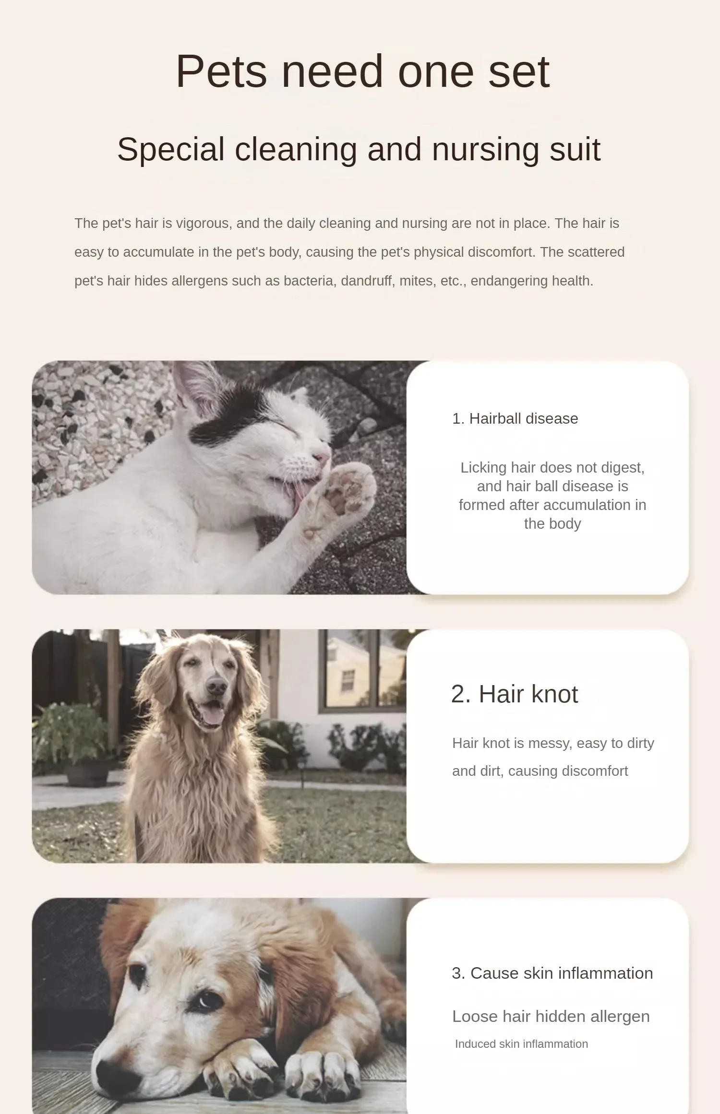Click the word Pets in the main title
pos(221,72)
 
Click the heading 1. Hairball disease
pos(515,419)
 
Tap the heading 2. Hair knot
pos(514,694)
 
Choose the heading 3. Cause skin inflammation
pos(552,973)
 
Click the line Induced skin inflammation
pos(521,1044)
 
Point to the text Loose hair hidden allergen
pos(551,1017)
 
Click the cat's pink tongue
pos(299,495)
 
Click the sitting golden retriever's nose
pos(216,687)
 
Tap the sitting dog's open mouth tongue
pos(212,715)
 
